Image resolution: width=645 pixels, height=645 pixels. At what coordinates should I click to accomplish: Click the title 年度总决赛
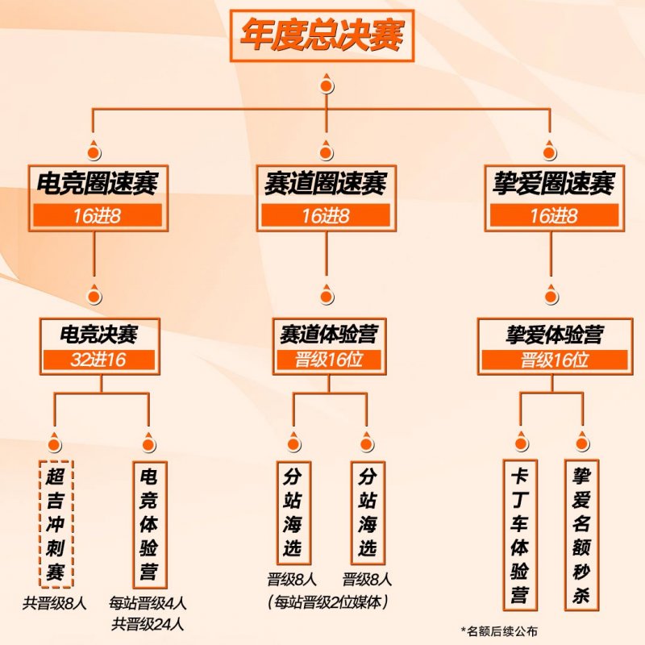[322, 35]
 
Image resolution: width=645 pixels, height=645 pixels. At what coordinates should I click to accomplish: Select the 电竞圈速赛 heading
[98, 184]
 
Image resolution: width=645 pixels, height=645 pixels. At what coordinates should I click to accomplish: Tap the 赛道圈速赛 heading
[326, 184]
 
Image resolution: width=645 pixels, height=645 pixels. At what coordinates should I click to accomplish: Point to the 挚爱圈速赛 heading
[554, 184]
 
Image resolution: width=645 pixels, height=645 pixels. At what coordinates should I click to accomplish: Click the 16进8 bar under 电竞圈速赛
[98, 215]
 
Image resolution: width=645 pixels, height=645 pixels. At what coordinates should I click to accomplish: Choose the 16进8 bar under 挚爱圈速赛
[554, 215]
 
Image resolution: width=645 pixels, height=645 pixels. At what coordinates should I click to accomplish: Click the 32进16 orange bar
[98, 360]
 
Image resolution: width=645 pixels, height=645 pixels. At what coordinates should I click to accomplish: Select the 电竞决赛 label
[98, 334]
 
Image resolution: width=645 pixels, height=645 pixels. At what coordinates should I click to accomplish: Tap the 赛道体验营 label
[329, 334]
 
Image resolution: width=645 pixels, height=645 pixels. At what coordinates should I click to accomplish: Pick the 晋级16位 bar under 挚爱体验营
[555, 360]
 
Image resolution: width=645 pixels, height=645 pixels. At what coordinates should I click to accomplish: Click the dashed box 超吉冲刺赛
[56, 523]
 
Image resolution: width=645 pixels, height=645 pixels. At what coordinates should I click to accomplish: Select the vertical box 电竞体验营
[150, 525]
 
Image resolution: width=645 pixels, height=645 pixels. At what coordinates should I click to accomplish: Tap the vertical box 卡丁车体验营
[520, 535]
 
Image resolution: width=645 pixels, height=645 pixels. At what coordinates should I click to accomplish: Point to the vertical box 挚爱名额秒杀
[581, 535]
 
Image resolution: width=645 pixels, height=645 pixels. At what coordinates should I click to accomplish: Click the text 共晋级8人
[55, 603]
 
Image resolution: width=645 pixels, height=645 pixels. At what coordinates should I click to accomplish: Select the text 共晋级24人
[148, 624]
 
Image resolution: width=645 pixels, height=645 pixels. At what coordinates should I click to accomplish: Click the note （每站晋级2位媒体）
[328, 602]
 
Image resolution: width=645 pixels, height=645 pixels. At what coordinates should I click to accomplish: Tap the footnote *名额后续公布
[499, 631]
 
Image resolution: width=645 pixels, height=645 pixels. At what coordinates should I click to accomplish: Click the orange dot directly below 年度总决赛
[327, 86]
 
